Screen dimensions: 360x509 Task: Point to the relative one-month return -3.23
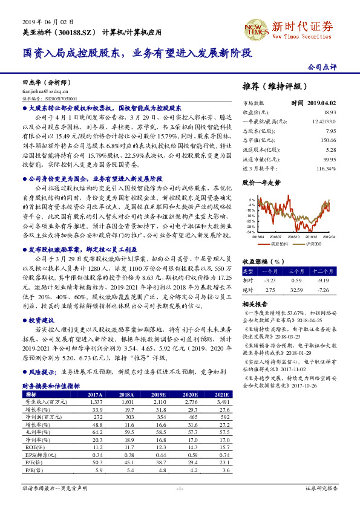[x=270, y=281]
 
